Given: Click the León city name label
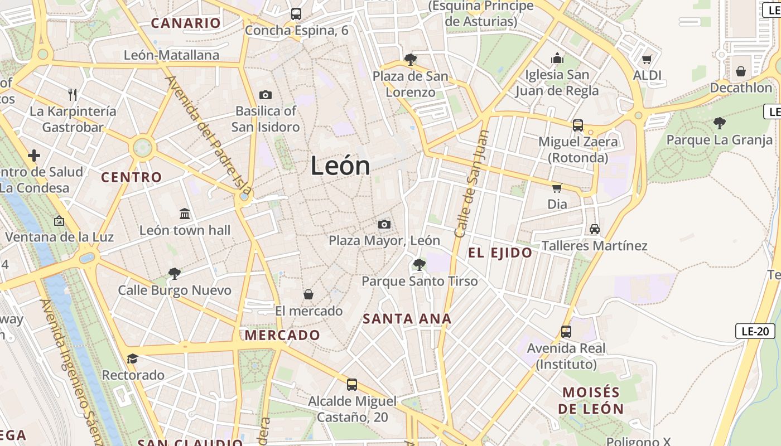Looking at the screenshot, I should click(x=340, y=166).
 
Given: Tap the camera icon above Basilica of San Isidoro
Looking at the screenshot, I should click(x=266, y=95).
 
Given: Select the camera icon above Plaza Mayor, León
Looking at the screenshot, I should click(x=384, y=224).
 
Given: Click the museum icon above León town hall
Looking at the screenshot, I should click(x=185, y=214).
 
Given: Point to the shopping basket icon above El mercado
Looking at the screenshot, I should click(x=308, y=294).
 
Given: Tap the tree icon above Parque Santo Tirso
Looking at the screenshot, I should click(x=419, y=264).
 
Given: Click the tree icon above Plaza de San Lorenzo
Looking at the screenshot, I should click(x=411, y=59).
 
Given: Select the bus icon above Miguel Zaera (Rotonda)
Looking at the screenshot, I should click(x=577, y=125).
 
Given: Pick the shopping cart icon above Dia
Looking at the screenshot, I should click(x=557, y=188).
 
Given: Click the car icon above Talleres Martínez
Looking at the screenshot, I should click(x=595, y=229).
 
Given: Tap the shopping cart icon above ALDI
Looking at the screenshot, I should click(x=647, y=59).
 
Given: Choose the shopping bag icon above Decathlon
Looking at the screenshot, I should click(x=741, y=71).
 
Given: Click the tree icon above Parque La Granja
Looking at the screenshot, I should click(x=720, y=123).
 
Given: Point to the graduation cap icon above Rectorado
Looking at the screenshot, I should click(x=132, y=358).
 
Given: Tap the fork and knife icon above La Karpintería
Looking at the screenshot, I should click(x=72, y=94).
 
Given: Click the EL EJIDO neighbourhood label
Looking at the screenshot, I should click(x=500, y=253).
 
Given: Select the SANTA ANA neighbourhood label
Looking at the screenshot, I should click(x=407, y=319).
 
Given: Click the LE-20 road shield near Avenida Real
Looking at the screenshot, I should click(x=755, y=331).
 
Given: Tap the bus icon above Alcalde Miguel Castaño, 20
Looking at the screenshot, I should click(x=352, y=384).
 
